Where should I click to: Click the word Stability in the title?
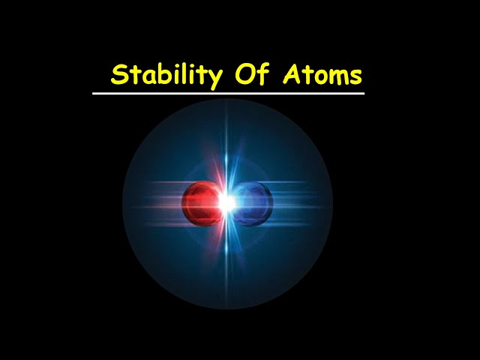click(166, 76)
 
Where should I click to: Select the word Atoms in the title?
click(322, 74)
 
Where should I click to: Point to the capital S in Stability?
click(118, 75)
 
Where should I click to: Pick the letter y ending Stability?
click(214, 78)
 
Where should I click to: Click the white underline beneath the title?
click(228, 94)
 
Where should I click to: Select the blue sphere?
click(253, 202)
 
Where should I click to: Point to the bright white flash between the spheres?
click(226, 202)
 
